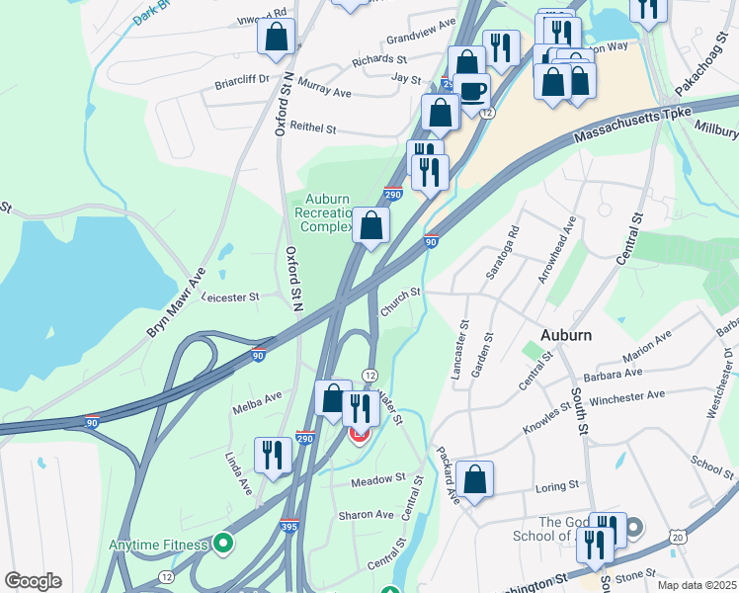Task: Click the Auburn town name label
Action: (566, 334)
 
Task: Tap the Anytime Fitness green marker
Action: (224, 544)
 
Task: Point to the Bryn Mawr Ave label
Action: (176, 302)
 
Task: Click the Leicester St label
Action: (230, 296)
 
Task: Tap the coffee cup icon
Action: (472, 91)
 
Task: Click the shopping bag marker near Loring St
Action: (475, 479)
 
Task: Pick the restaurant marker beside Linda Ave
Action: (273, 455)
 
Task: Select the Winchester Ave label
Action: (626, 396)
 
